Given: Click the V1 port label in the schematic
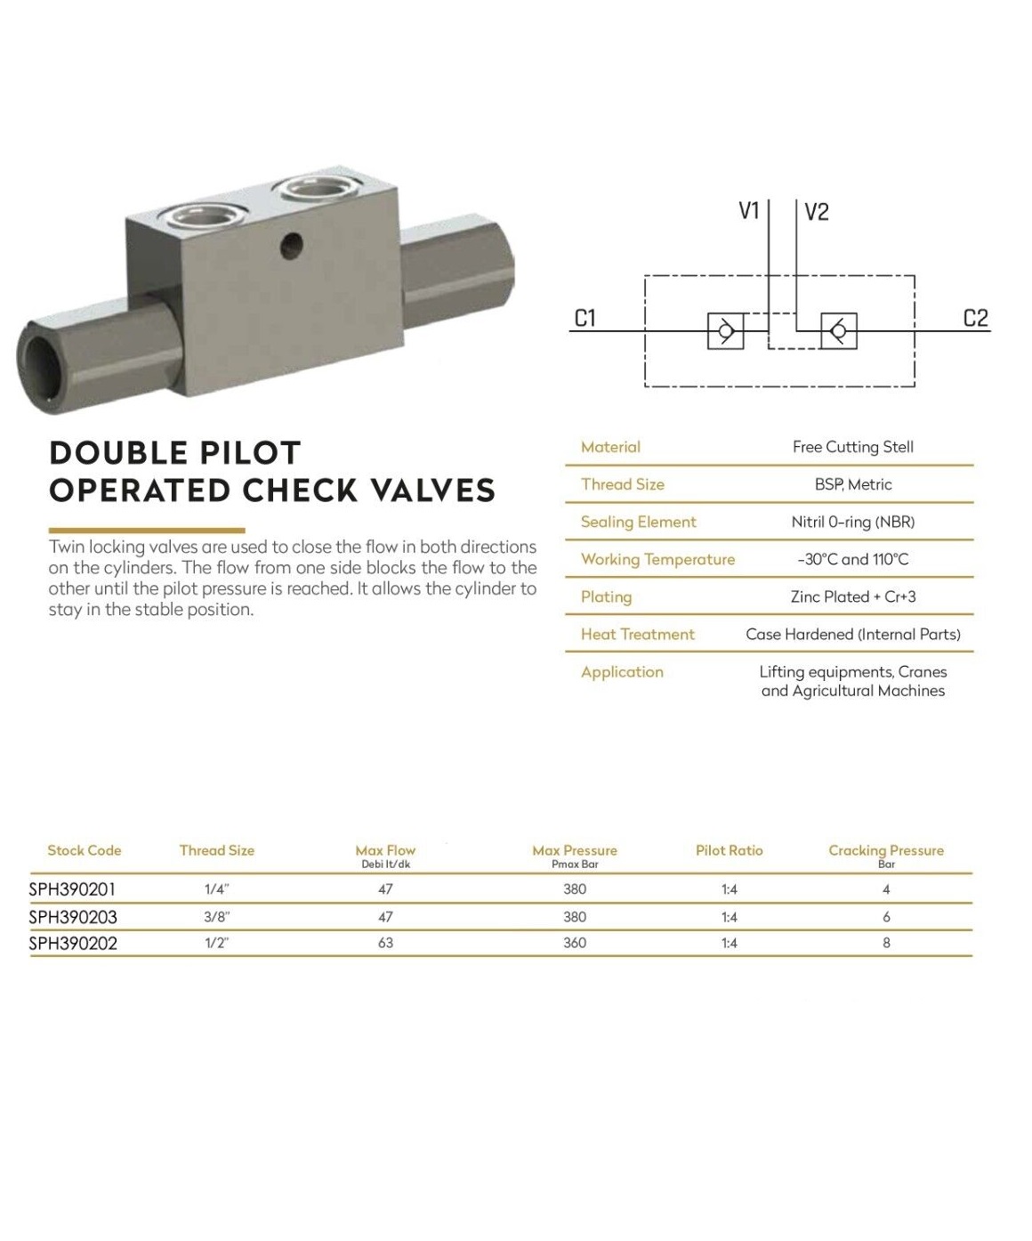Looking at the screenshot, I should tap(749, 211).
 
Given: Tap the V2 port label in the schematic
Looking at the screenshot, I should tap(816, 212).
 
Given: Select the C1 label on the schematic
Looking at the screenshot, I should tap(585, 318).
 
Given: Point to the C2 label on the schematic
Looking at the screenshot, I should tap(976, 318).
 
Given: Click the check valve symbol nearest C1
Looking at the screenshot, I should tap(725, 331).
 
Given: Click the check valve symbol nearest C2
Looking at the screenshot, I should tap(838, 331).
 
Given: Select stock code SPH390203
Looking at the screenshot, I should tap(73, 917).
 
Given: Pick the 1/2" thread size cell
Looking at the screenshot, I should tap(216, 943).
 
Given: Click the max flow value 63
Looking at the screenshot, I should tap(385, 943).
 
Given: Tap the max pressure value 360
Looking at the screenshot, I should tap(575, 943).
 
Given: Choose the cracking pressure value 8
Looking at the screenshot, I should tap(886, 943).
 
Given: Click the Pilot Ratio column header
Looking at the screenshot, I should tap(729, 850).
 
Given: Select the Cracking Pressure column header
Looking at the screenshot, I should tap(886, 850).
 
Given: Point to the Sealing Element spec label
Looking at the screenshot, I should tap(638, 522).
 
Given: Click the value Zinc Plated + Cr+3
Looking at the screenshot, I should tap(853, 596).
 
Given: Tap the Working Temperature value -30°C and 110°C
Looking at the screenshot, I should tap(853, 559).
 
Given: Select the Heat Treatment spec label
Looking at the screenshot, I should tap(637, 634).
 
